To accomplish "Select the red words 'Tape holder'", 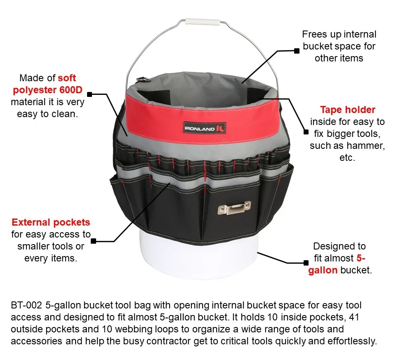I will [x=348, y=110].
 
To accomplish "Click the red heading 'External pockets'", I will [x=51, y=223].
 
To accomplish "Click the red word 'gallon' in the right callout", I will [x=323, y=271].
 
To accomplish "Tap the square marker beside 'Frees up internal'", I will [x=296, y=51].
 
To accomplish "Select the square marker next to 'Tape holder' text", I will [x=306, y=132].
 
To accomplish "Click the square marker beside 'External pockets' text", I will [x=94, y=241].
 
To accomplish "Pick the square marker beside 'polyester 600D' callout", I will [x=90, y=94].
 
